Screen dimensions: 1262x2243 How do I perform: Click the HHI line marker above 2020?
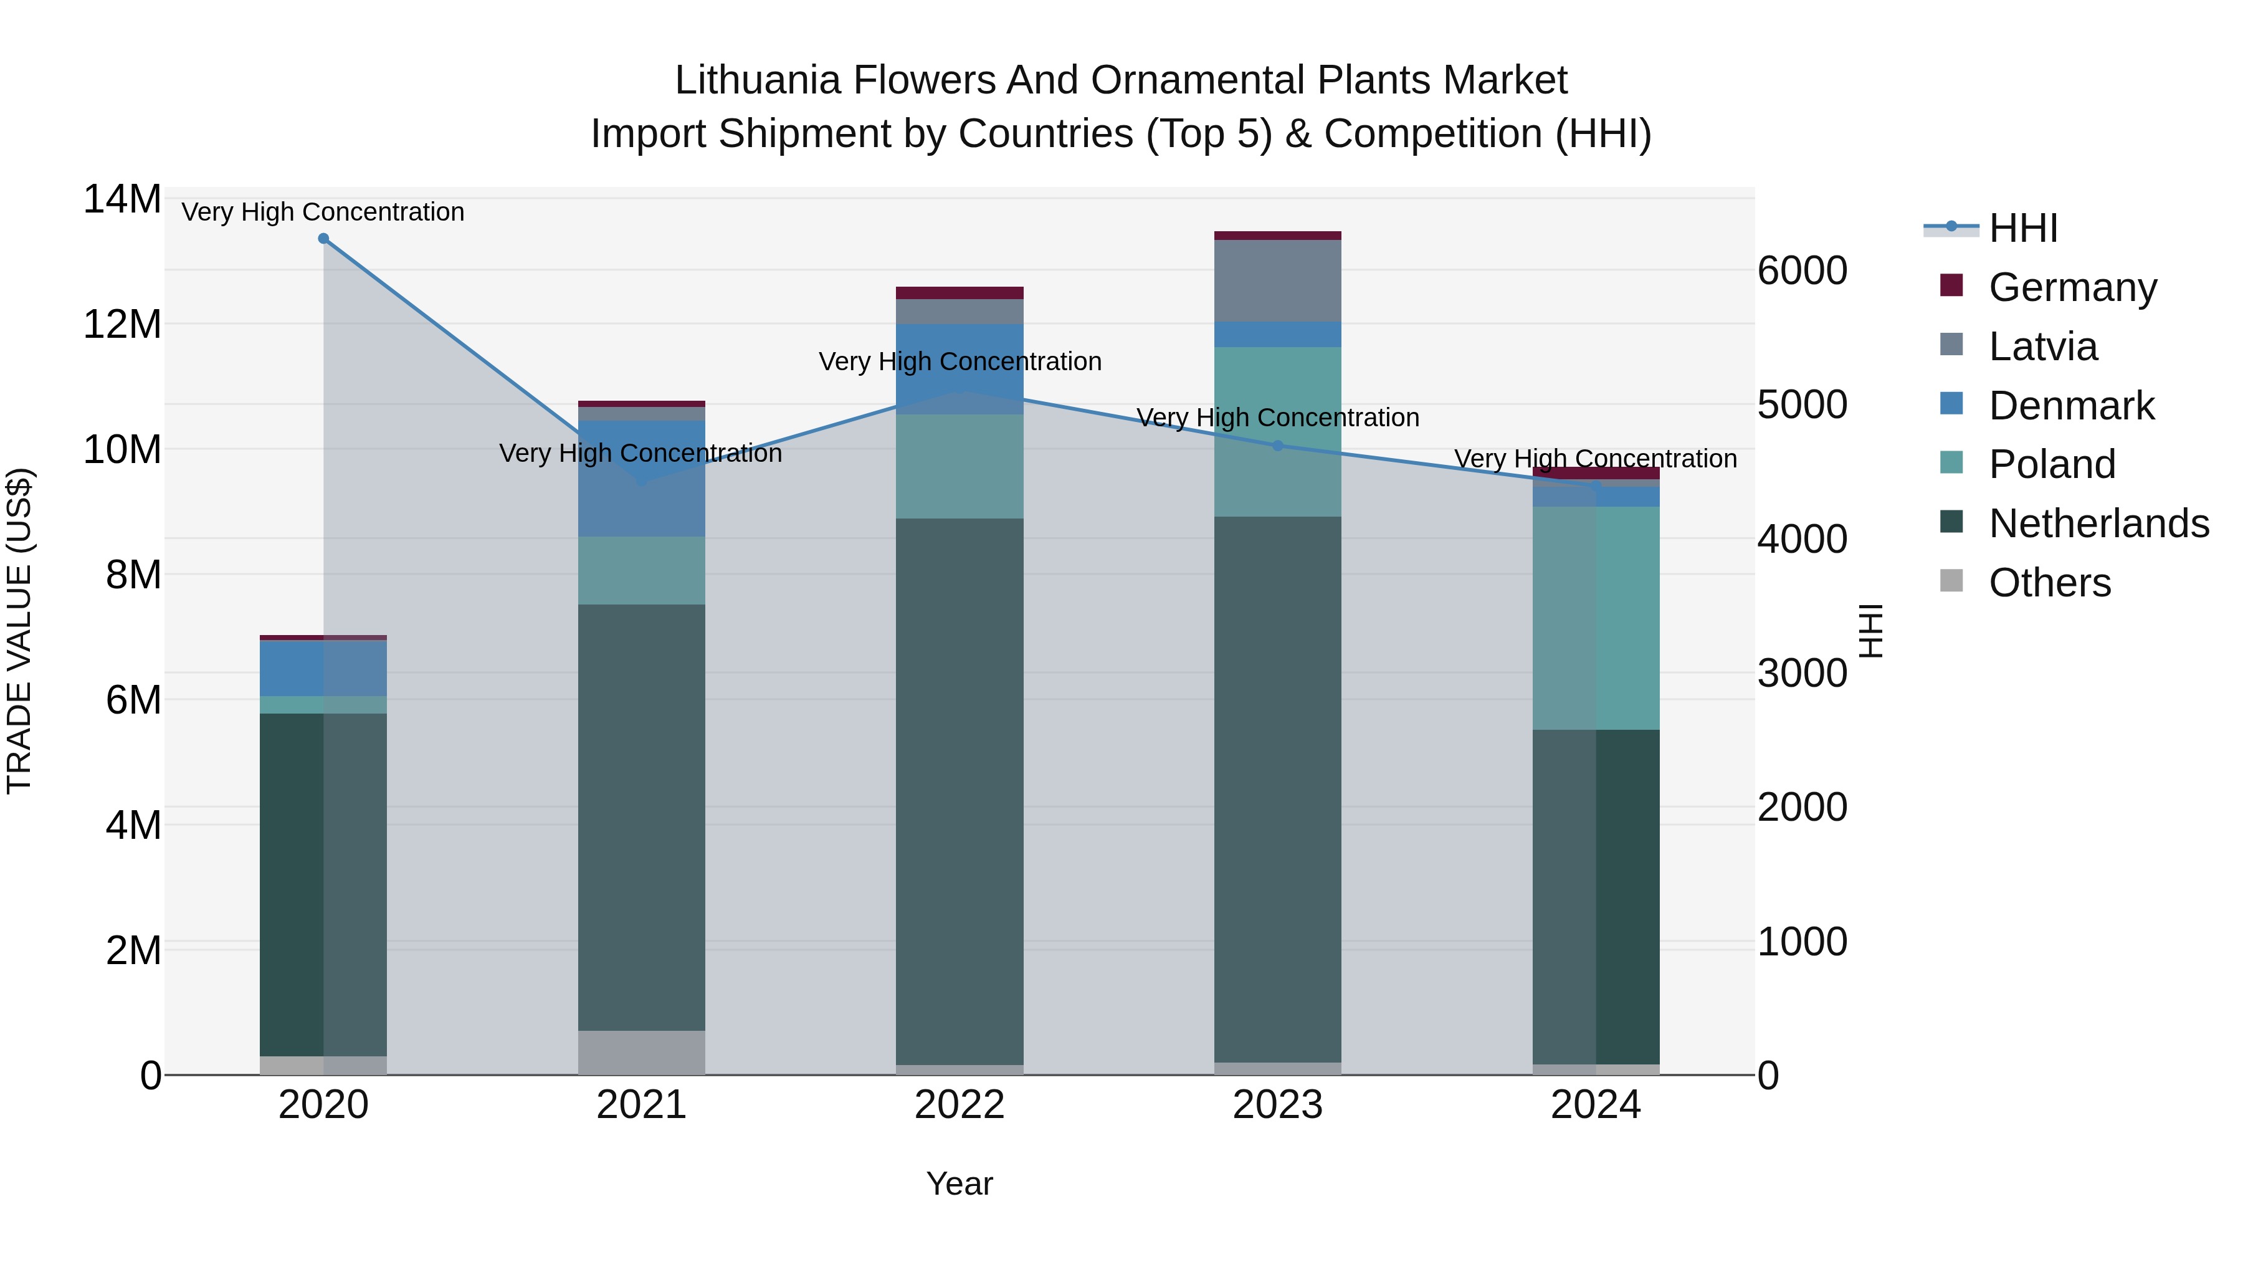pos(323,239)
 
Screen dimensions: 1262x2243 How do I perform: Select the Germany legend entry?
pos(2072,287)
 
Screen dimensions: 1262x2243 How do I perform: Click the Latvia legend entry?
pos(2043,347)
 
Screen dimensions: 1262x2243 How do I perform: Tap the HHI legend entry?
pos(2022,228)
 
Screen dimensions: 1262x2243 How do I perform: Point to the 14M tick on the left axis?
pos(122,199)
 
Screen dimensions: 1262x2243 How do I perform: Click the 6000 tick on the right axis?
pos(1801,271)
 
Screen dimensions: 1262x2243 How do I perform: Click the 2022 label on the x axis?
pos(960,1105)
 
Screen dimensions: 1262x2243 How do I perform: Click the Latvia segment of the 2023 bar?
pos(1277,280)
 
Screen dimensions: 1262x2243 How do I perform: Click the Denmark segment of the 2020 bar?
pos(323,668)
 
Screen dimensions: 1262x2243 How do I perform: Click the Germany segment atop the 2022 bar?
pos(960,293)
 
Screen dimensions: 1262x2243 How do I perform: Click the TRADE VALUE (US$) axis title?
pos(20,631)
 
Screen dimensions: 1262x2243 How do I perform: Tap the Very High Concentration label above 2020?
pos(323,213)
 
